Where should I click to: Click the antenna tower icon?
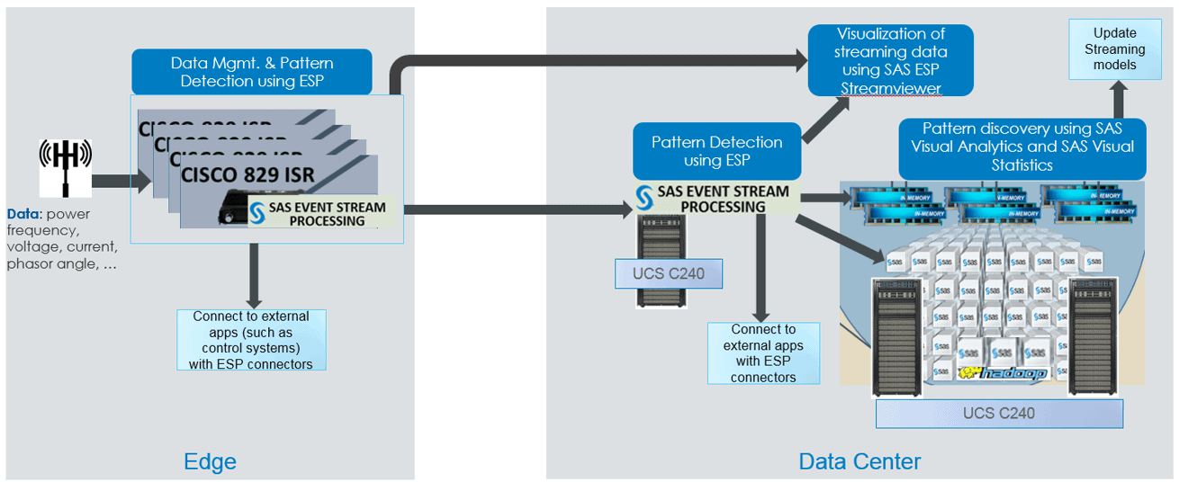64,167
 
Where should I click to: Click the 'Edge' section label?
210,461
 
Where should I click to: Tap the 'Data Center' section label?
859,461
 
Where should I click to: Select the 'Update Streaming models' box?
1114,49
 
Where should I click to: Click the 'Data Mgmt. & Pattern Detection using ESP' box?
252,72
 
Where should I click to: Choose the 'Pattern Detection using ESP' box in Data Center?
716,151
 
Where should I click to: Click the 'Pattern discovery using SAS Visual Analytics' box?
1022,147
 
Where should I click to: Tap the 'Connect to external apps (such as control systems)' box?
251,340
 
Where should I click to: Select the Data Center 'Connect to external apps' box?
763,353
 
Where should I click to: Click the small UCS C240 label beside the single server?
668,274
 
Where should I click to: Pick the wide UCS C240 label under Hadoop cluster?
999,413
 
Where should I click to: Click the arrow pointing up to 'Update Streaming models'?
1116,100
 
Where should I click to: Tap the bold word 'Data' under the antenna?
22,214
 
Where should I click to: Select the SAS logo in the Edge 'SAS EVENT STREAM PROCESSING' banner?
256,213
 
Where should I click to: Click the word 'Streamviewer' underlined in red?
890,88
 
